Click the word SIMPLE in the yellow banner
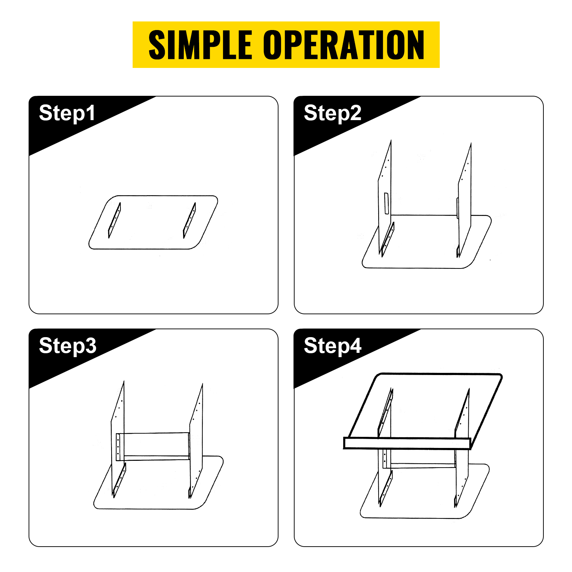pos(200,45)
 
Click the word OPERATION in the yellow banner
pos(344,45)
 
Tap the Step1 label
pos(67,114)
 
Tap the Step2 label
pos(332,114)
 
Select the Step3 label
pos(68,346)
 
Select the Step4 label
pos(332,346)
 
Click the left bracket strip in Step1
pos(114,220)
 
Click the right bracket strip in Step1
pos(189,220)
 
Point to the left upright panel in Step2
pos(385,197)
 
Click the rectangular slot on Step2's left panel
pos(386,203)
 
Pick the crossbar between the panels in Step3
pos(156,447)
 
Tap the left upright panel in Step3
pos(118,438)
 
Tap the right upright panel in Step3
pos(196,440)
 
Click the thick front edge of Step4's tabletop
pos(407,443)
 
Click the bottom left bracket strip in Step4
pos(386,488)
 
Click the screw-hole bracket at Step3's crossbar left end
pos(118,447)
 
